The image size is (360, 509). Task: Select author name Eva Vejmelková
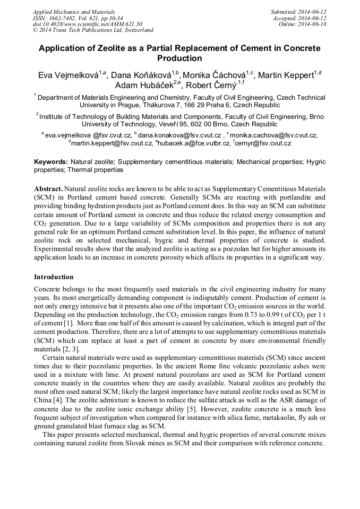coord(67,75)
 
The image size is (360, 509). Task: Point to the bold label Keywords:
coord(51,161)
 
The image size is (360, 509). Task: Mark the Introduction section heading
coord(54,277)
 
